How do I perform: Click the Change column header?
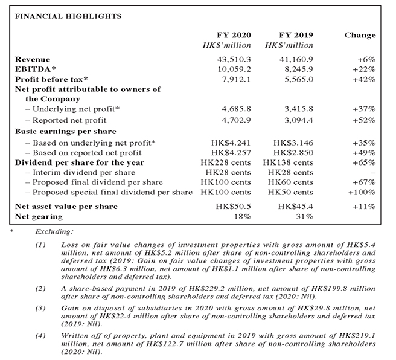click(x=360, y=35)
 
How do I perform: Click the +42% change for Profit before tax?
click(x=365, y=79)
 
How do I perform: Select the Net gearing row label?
click(x=37, y=216)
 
